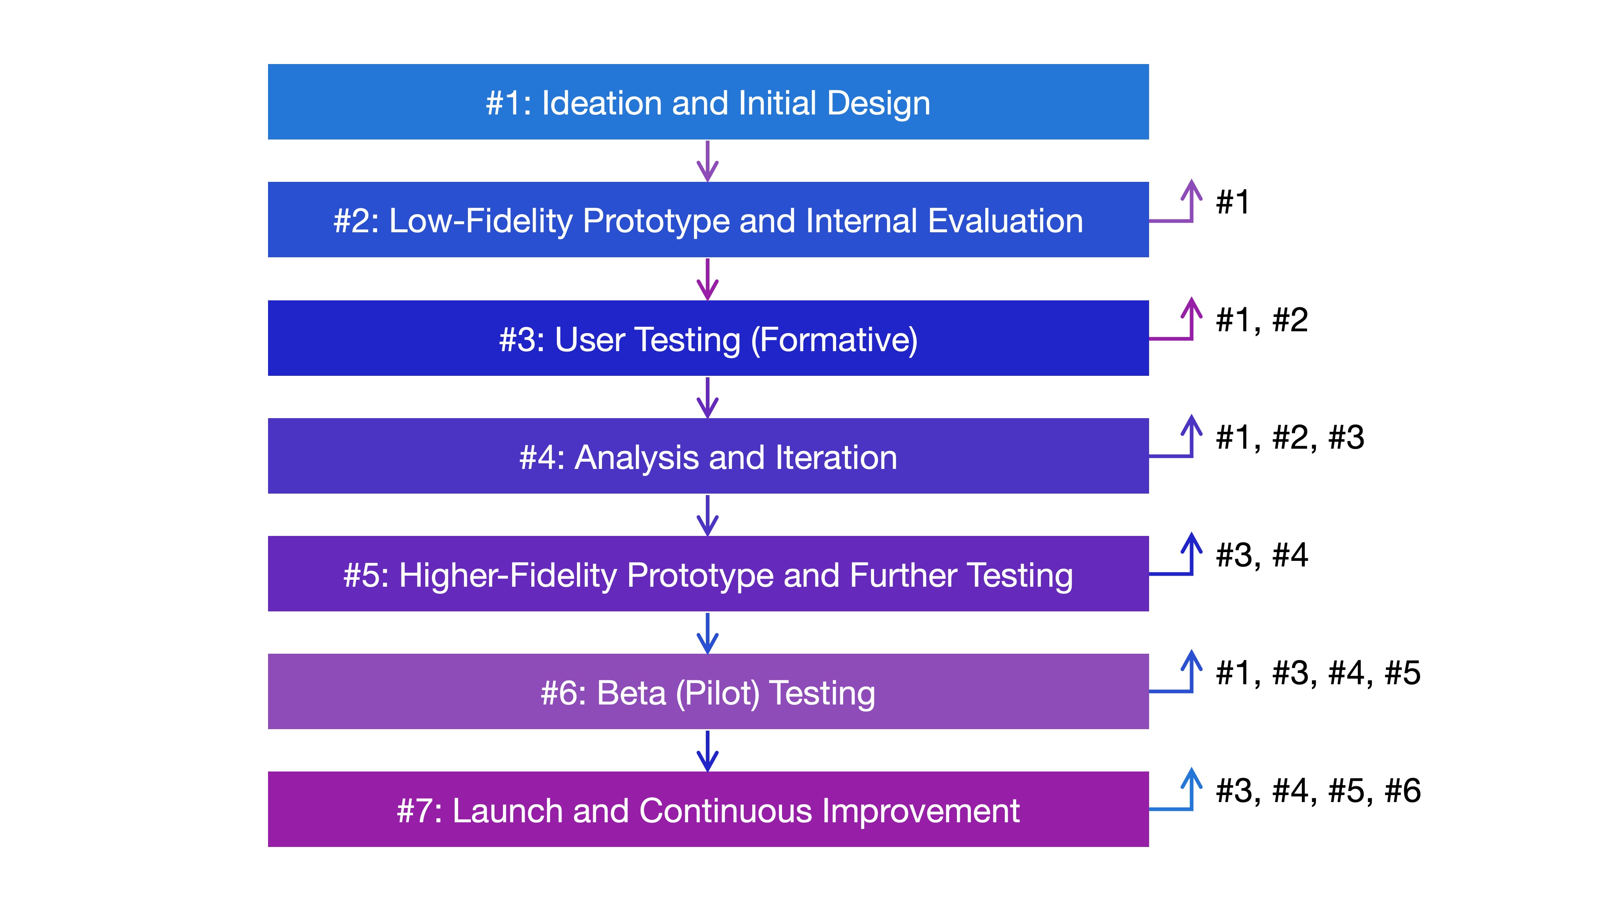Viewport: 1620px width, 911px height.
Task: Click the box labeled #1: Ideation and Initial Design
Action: (x=708, y=102)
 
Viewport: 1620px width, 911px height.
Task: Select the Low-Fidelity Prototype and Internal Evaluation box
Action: (x=708, y=219)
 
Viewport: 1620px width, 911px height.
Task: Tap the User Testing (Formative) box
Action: (x=708, y=338)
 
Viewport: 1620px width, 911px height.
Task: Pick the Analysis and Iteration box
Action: (x=708, y=456)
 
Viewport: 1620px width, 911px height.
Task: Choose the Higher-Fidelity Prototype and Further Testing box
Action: (x=708, y=573)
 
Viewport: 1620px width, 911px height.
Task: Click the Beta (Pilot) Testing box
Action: (x=708, y=692)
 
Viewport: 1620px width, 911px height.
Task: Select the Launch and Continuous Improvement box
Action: (x=708, y=809)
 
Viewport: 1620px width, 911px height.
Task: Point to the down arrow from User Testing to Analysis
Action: (x=708, y=398)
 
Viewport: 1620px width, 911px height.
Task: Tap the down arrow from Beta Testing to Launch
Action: (x=708, y=751)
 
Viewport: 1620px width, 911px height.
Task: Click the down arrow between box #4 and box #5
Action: (x=708, y=516)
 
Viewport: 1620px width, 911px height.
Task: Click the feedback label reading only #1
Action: (x=1233, y=202)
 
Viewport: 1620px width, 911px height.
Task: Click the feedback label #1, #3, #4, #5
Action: (x=1318, y=673)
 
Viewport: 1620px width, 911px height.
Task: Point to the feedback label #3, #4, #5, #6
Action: (x=1318, y=791)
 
